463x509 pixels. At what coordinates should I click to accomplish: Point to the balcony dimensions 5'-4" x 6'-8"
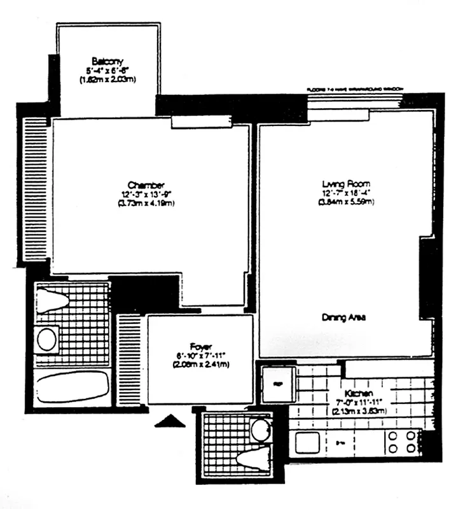pos(107,71)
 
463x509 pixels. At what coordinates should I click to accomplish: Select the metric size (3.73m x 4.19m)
pos(146,203)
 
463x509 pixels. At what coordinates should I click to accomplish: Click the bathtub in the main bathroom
pos(71,387)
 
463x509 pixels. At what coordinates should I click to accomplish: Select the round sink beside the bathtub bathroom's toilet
pos(46,338)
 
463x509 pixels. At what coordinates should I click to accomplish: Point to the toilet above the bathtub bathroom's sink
pos(53,299)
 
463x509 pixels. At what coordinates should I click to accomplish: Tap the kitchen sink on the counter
pos(304,438)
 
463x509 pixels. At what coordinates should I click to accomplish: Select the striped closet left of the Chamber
pos(35,188)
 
